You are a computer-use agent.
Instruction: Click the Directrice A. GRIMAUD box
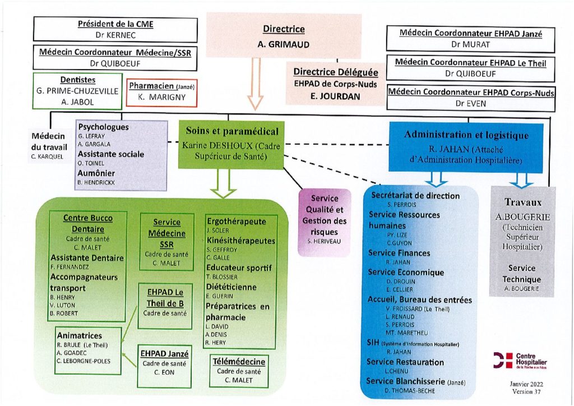click(284, 36)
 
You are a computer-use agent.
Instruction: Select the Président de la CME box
click(115, 30)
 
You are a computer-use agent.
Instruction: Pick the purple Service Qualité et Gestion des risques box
click(324, 221)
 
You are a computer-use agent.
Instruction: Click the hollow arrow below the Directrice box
click(256, 85)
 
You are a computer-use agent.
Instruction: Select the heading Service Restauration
click(405, 362)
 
